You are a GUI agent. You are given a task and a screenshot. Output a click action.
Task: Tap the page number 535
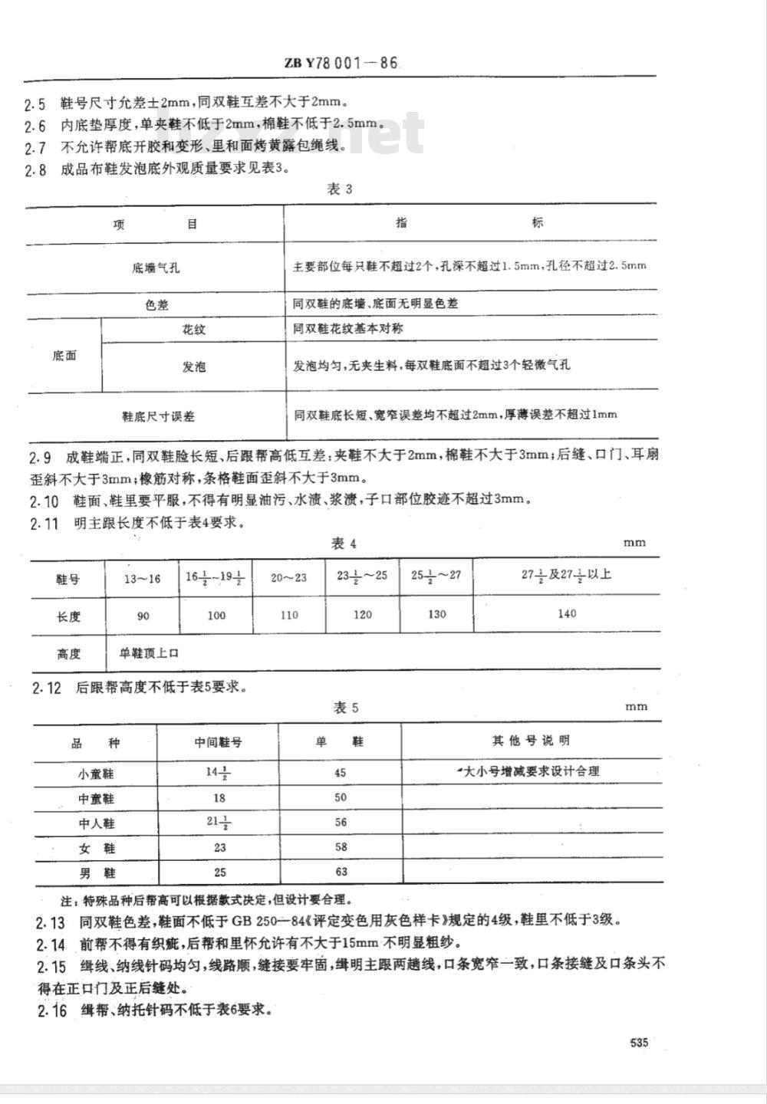point(639,1042)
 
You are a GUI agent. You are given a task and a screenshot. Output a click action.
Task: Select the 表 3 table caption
point(339,189)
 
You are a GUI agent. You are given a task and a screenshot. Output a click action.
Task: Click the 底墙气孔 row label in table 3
point(156,268)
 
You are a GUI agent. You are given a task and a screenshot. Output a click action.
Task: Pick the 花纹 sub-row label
point(193,330)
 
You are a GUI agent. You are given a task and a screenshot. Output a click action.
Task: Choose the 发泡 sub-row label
point(193,367)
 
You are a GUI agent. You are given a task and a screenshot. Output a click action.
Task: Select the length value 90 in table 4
point(142,616)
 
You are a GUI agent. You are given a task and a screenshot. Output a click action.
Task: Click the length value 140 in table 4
point(567,613)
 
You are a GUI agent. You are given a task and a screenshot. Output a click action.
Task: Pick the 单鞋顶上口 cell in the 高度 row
point(149,654)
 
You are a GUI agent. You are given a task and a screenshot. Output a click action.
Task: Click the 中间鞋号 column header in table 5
point(218,742)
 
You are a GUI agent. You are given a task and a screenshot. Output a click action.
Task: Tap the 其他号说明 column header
point(531,741)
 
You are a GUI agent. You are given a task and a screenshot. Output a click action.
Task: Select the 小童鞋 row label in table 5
point(96,774)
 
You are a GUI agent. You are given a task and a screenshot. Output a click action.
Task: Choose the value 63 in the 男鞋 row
point(341,872)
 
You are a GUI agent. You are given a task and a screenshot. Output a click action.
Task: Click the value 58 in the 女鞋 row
point(341,847)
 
